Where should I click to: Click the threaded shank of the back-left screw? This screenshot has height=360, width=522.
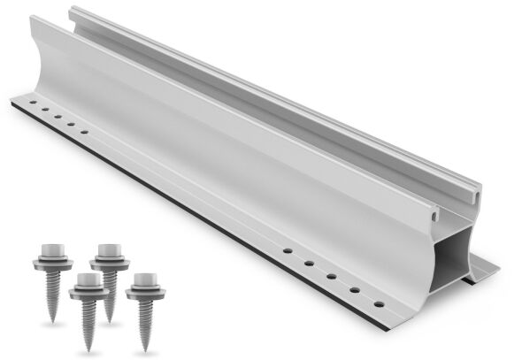50,279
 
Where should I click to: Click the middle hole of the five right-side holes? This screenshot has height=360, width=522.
331,277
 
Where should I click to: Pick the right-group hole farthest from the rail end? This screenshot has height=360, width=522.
288,253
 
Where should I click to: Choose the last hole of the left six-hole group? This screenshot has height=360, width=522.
85,133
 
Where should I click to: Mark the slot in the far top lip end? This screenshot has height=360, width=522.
479,188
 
